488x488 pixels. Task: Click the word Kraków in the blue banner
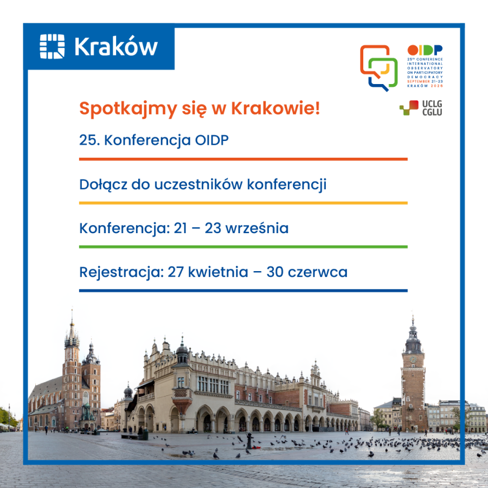116,47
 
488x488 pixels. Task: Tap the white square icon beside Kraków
52,47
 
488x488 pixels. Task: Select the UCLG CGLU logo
421,108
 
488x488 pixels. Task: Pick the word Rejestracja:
120,272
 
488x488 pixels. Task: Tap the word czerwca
319,272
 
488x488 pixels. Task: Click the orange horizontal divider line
243,159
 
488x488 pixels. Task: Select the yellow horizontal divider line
243,203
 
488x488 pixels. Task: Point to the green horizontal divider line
243,247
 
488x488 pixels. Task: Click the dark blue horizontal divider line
243,291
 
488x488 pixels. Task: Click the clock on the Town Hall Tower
413,359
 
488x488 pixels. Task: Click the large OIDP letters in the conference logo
425,50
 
